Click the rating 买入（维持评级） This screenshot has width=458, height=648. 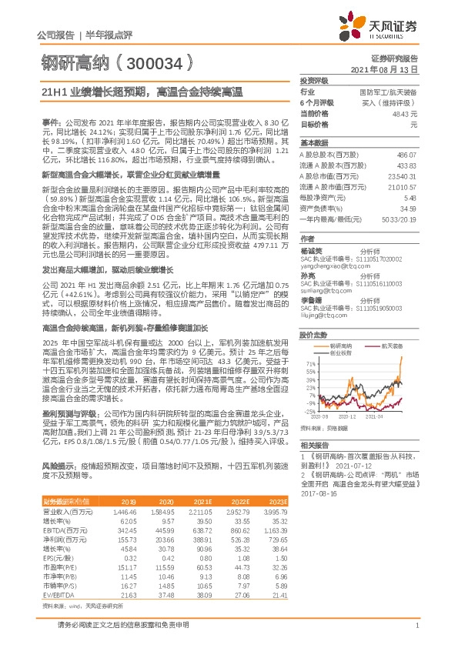391,102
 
